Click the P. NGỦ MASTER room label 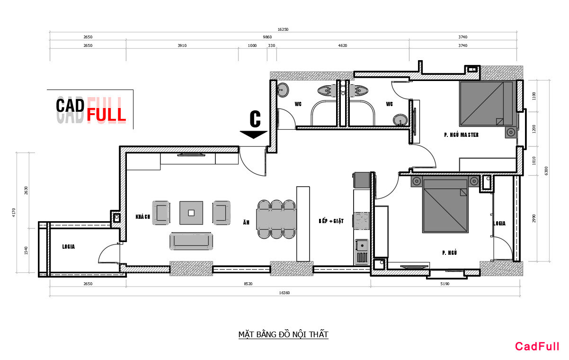(x=461, y=135)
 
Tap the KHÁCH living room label (x=142, y=217)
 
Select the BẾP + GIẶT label (x=331, y=221)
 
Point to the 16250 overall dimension (x=283, y=29)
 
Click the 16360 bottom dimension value (x=284, y=293)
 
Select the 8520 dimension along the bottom (x=248, y=284)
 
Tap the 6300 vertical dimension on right (x=546, y=171)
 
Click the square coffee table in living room (x=191, y=213)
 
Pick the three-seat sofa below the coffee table (x=191, y=241)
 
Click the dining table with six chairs (x=276, y=219)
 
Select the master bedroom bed (x=486, y=103)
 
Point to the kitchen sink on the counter (x=362, y=245)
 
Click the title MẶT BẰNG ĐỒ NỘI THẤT (x=283, y=334)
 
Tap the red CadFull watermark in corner (x=537, y=346)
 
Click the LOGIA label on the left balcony (x=69, y=247)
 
